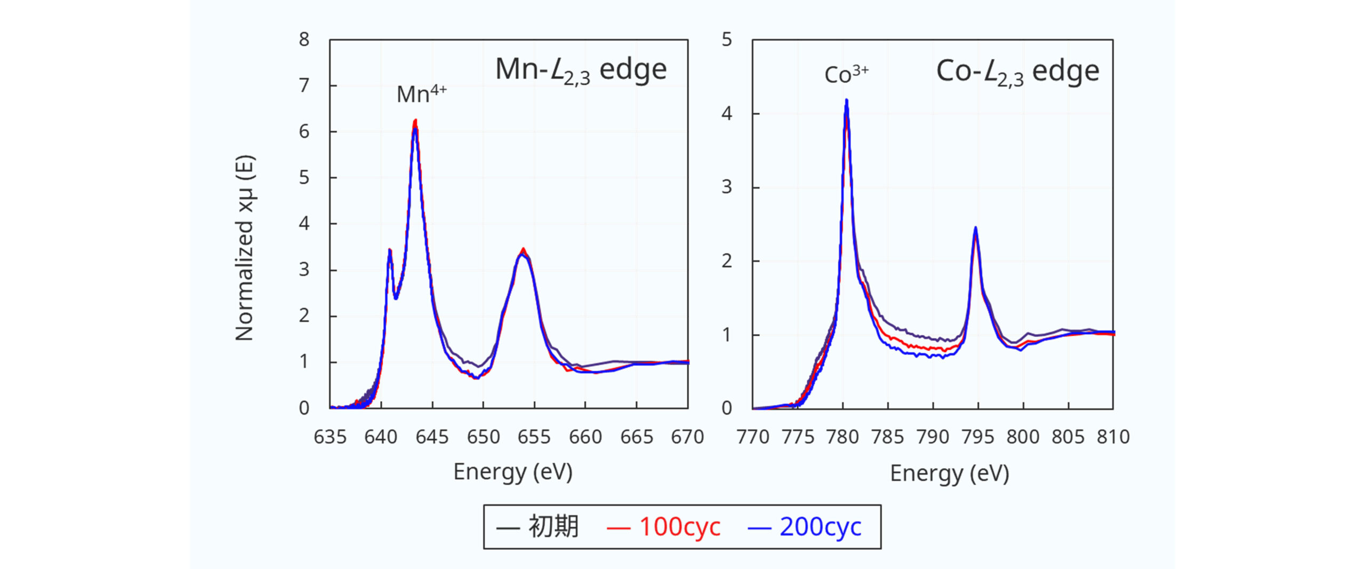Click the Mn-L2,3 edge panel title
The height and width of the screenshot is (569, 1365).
[x=581, y=70]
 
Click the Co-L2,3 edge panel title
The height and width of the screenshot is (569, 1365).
[x=1017, y=72]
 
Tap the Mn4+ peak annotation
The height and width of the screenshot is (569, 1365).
[x=421, y=94]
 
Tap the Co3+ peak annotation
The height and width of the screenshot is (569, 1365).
[x=846, y=74]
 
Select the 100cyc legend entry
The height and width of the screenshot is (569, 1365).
[x=664, y=527]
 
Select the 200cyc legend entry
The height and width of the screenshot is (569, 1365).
[x=805, y=527]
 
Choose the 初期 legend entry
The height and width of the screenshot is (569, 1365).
[x=537, y=527]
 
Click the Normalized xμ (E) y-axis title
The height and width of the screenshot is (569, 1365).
[x=245, y=248]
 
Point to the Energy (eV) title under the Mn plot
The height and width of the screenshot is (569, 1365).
[x=512, y=472]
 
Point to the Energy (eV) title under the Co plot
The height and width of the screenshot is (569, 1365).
[x=949, y=473]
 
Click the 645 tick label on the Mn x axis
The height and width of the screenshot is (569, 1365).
[x=432, y=437]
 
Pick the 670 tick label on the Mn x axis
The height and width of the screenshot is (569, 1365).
[x=687, y=437]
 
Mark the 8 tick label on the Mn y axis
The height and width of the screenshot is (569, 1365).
[x=304, y=39]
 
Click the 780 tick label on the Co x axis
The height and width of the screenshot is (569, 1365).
[x=842, y=437]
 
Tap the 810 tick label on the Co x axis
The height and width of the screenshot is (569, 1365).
[x=1113, y=437]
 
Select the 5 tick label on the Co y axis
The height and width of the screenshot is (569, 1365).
[x=726, y=39]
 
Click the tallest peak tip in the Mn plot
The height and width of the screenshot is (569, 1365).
[x=415, y=121]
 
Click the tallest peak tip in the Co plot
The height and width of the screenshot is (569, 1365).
[x=846, y=100]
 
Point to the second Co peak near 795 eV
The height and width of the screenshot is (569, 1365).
[x=976, y=228]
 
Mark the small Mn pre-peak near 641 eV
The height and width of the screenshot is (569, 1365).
[x=390, y=250]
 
